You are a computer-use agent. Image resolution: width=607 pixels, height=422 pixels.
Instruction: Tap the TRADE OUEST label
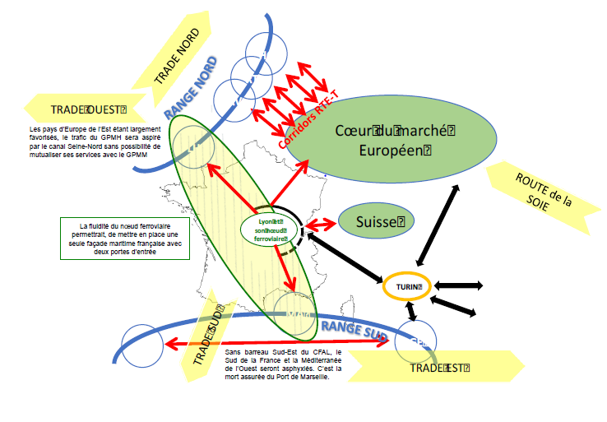click(86, 109)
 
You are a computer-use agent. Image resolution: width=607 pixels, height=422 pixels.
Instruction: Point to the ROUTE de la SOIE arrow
click(542, 195)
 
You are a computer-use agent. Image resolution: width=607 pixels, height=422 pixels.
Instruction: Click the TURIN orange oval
click(408, 286)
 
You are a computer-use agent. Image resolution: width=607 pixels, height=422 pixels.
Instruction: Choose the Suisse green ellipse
click(375, 221)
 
